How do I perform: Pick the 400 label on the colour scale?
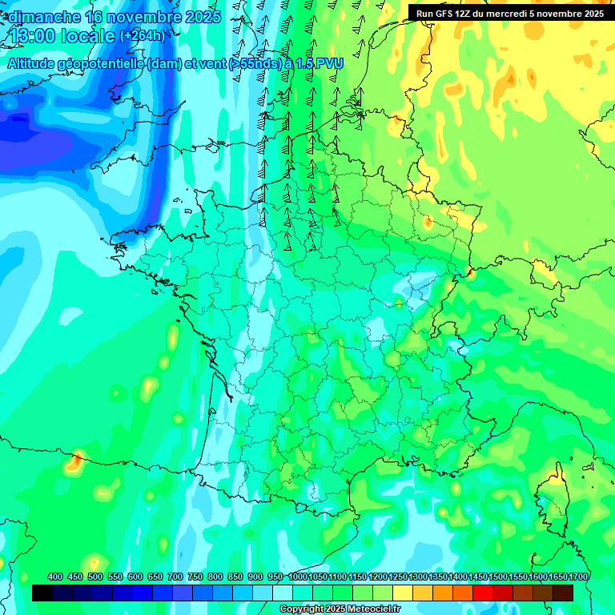click(55, 577)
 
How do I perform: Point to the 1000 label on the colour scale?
click(298, 577)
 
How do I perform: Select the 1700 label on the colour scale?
click(577, 577)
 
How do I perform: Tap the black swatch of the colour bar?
click(42, 593)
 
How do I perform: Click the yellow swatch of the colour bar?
click(403, 593)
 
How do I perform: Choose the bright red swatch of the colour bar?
click(483, 593)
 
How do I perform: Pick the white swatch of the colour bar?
click(283, 593)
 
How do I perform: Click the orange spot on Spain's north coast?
click(76, 460)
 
